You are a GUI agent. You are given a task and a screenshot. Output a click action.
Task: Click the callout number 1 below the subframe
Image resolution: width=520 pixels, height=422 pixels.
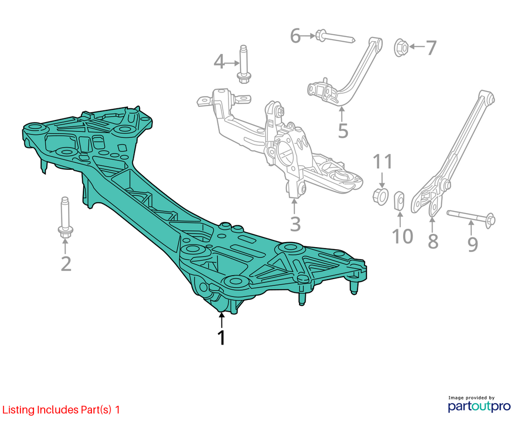(x=221, y=338)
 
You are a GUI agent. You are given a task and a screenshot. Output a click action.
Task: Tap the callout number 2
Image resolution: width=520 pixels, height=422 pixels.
(x=66, y=264)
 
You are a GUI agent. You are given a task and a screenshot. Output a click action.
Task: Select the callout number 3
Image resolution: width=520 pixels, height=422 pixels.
(x=295, y=224)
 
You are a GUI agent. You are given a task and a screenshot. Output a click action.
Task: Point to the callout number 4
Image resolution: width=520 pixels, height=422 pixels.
(x=219, y=62)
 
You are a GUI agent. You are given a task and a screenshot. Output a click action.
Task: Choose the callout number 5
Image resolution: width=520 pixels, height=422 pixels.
(x=343, y=131)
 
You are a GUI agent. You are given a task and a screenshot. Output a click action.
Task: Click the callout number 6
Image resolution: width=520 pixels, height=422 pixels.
(x=296, y=36)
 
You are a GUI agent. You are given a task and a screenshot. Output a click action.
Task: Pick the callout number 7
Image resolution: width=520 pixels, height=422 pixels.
(x=431, y=47)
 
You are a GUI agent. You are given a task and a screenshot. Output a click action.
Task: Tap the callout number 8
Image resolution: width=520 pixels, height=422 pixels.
(x=433, y=241)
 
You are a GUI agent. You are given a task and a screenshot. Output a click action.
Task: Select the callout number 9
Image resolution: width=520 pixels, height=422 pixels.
(x=473, y=244)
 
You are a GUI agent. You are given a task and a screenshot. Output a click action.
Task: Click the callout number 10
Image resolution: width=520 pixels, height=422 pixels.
(x=402, y=236)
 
